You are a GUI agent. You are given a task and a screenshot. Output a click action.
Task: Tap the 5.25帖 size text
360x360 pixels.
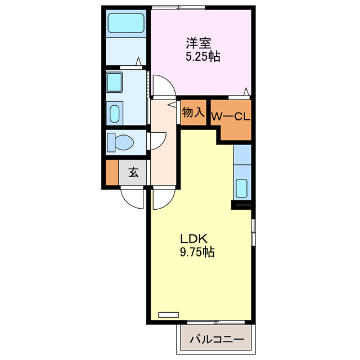pyautogui.click(x=202, y=56)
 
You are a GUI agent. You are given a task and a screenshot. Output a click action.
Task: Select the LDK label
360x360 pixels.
pyautogui.click(x=192, y=239)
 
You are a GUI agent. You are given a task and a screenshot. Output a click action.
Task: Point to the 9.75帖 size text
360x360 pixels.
pyautogui.click(x=196, y=253)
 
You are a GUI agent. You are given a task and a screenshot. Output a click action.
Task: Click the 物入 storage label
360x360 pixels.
pyautogui.click(x=193, y=112)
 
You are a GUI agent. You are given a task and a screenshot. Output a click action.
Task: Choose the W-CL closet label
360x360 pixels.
pyautogui.click(x=230, y=117)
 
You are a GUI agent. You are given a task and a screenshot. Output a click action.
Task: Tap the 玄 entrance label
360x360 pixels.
pyautogui.click(x=133, y=173)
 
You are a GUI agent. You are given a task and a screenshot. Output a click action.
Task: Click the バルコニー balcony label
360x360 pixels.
pyautogui.click(x=217, y=339)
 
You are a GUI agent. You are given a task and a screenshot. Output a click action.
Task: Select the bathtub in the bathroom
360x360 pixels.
pyautogui.click(x=127, y=24)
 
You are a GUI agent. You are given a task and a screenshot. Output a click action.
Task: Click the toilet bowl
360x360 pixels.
pyautogui.click(x=121, y=141)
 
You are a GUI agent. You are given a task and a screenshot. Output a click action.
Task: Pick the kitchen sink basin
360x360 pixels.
pyautogui.click(x=242, y=187)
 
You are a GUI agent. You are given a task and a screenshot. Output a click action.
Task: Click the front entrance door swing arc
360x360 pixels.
pyautogui.click(x=134, y=197)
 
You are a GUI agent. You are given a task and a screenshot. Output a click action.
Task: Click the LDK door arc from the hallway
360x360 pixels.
pyautogui.click(x=163, y=198)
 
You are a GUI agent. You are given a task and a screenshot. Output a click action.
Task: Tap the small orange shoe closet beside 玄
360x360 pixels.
pyautogui.click(x=112, y=173)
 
